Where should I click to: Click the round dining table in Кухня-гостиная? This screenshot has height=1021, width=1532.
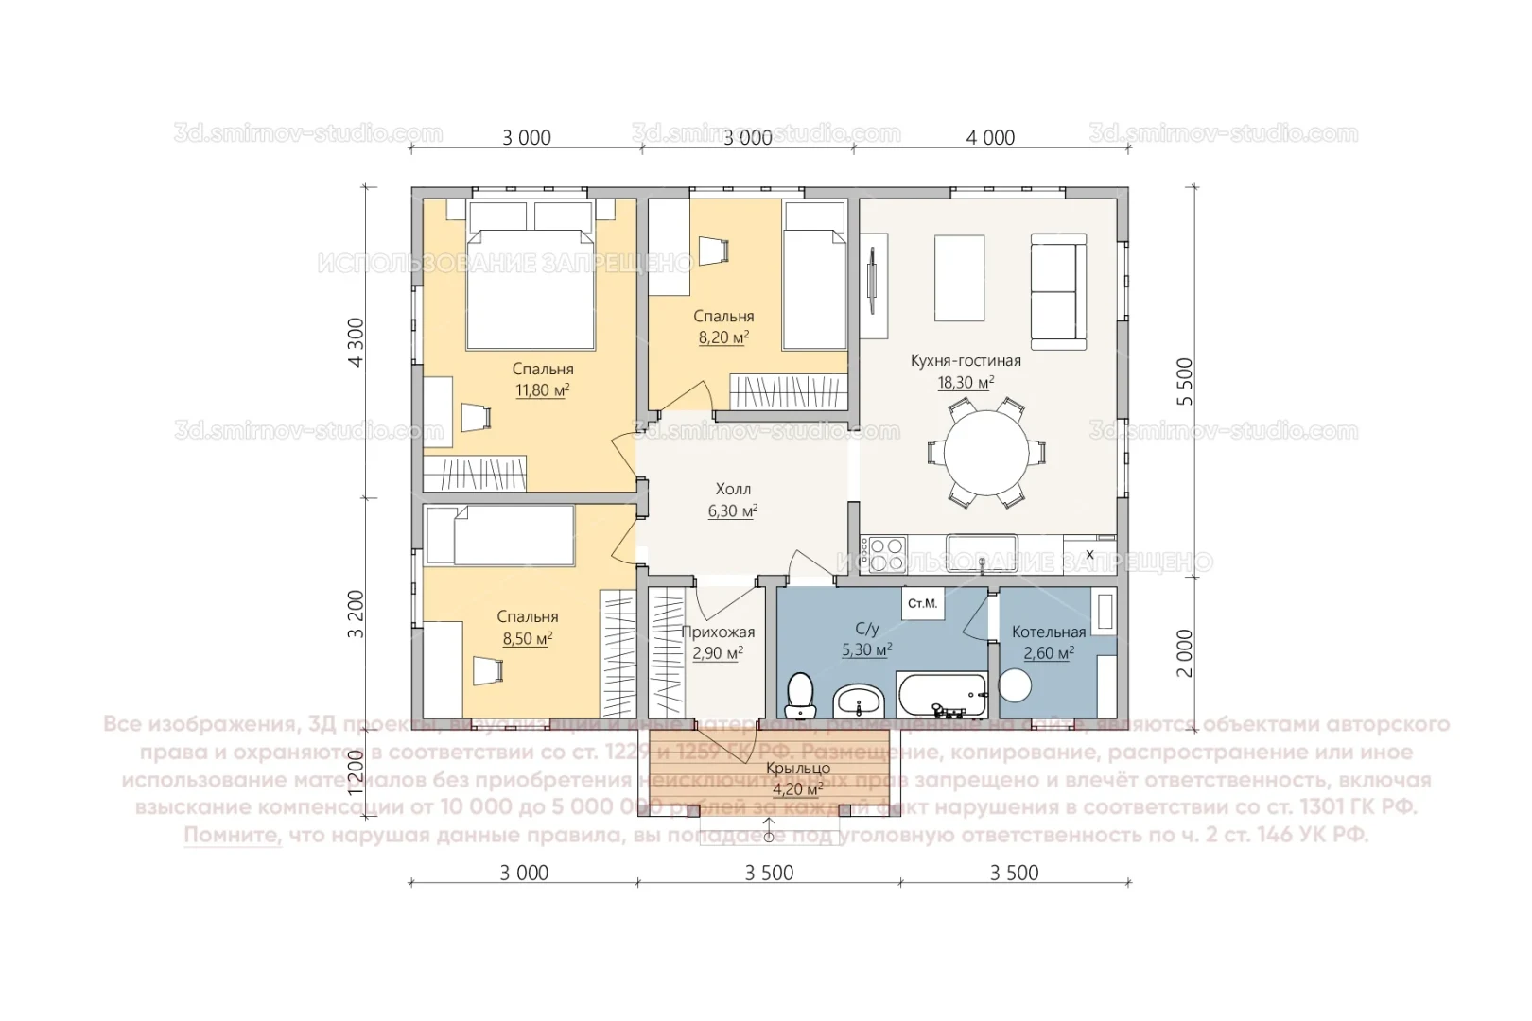point(986,453)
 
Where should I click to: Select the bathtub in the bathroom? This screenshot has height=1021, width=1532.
point(941,696)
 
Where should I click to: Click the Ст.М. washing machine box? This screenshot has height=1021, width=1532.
point(922,603)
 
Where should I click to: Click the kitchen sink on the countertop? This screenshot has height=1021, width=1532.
point(982,552)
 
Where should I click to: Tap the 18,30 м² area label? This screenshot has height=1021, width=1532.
point(965,383)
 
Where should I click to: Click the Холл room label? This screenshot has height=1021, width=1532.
point(733,489)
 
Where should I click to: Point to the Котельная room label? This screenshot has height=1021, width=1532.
point(1048,632)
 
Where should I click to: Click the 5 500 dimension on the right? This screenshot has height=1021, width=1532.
point(1185,381)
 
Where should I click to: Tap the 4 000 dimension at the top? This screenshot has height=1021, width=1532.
point(990,138)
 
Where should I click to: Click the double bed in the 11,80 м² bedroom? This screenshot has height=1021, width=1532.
point(531,288)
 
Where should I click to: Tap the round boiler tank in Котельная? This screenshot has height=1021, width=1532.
point(1015,685)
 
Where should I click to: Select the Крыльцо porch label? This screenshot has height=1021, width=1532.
point(797,769)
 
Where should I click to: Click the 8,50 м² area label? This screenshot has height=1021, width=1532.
point(527,639)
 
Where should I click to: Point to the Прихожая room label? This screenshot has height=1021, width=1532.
point(718,632)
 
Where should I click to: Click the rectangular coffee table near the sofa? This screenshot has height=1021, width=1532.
point(959,279)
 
